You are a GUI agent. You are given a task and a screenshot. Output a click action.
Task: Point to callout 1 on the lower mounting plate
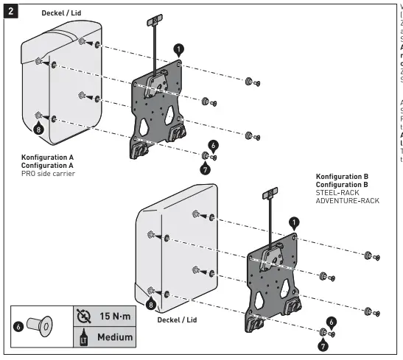[294, 221]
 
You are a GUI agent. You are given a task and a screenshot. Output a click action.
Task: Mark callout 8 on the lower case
[152, 303]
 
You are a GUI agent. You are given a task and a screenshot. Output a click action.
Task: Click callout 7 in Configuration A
[204, 169]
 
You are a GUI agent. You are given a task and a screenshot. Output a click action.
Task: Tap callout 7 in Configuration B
[323, 344]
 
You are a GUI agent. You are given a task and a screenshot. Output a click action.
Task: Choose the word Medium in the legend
[112, 337]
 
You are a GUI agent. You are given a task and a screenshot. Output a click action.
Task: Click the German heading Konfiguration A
[47, 157]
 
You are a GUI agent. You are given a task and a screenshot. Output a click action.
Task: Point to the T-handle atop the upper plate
[156, 20]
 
